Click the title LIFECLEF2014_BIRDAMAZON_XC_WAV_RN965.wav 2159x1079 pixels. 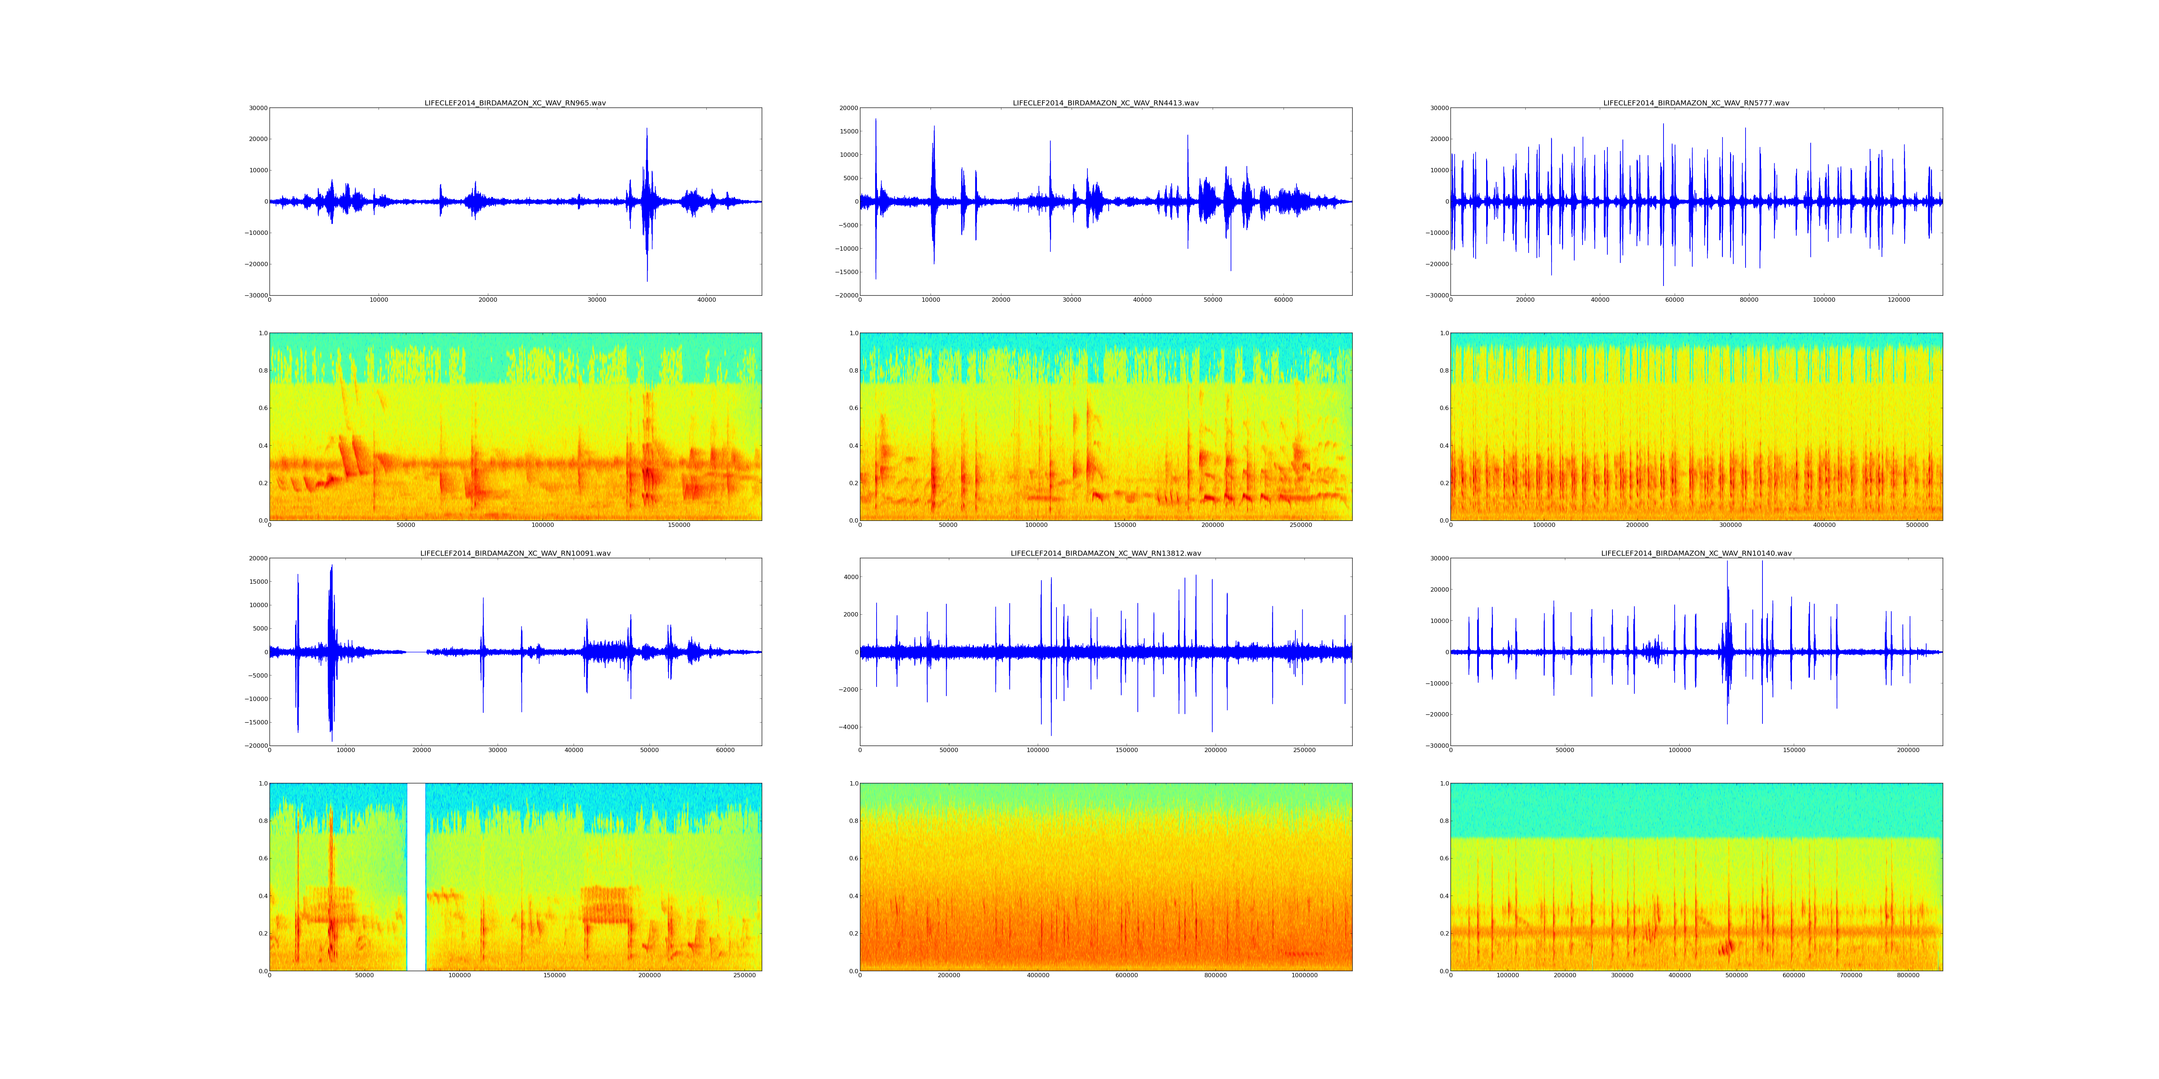pos(515,103)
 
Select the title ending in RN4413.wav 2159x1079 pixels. pos(1105,103)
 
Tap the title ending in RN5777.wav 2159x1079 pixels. pos(1696,103)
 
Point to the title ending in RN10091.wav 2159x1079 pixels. pos(515,554)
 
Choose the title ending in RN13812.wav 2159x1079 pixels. pos(1105,554)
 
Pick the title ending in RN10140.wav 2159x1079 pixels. pos(1696,554)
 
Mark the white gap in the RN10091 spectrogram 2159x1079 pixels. pos(416,876)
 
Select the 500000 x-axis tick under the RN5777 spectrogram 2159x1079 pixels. pos(1917,525)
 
